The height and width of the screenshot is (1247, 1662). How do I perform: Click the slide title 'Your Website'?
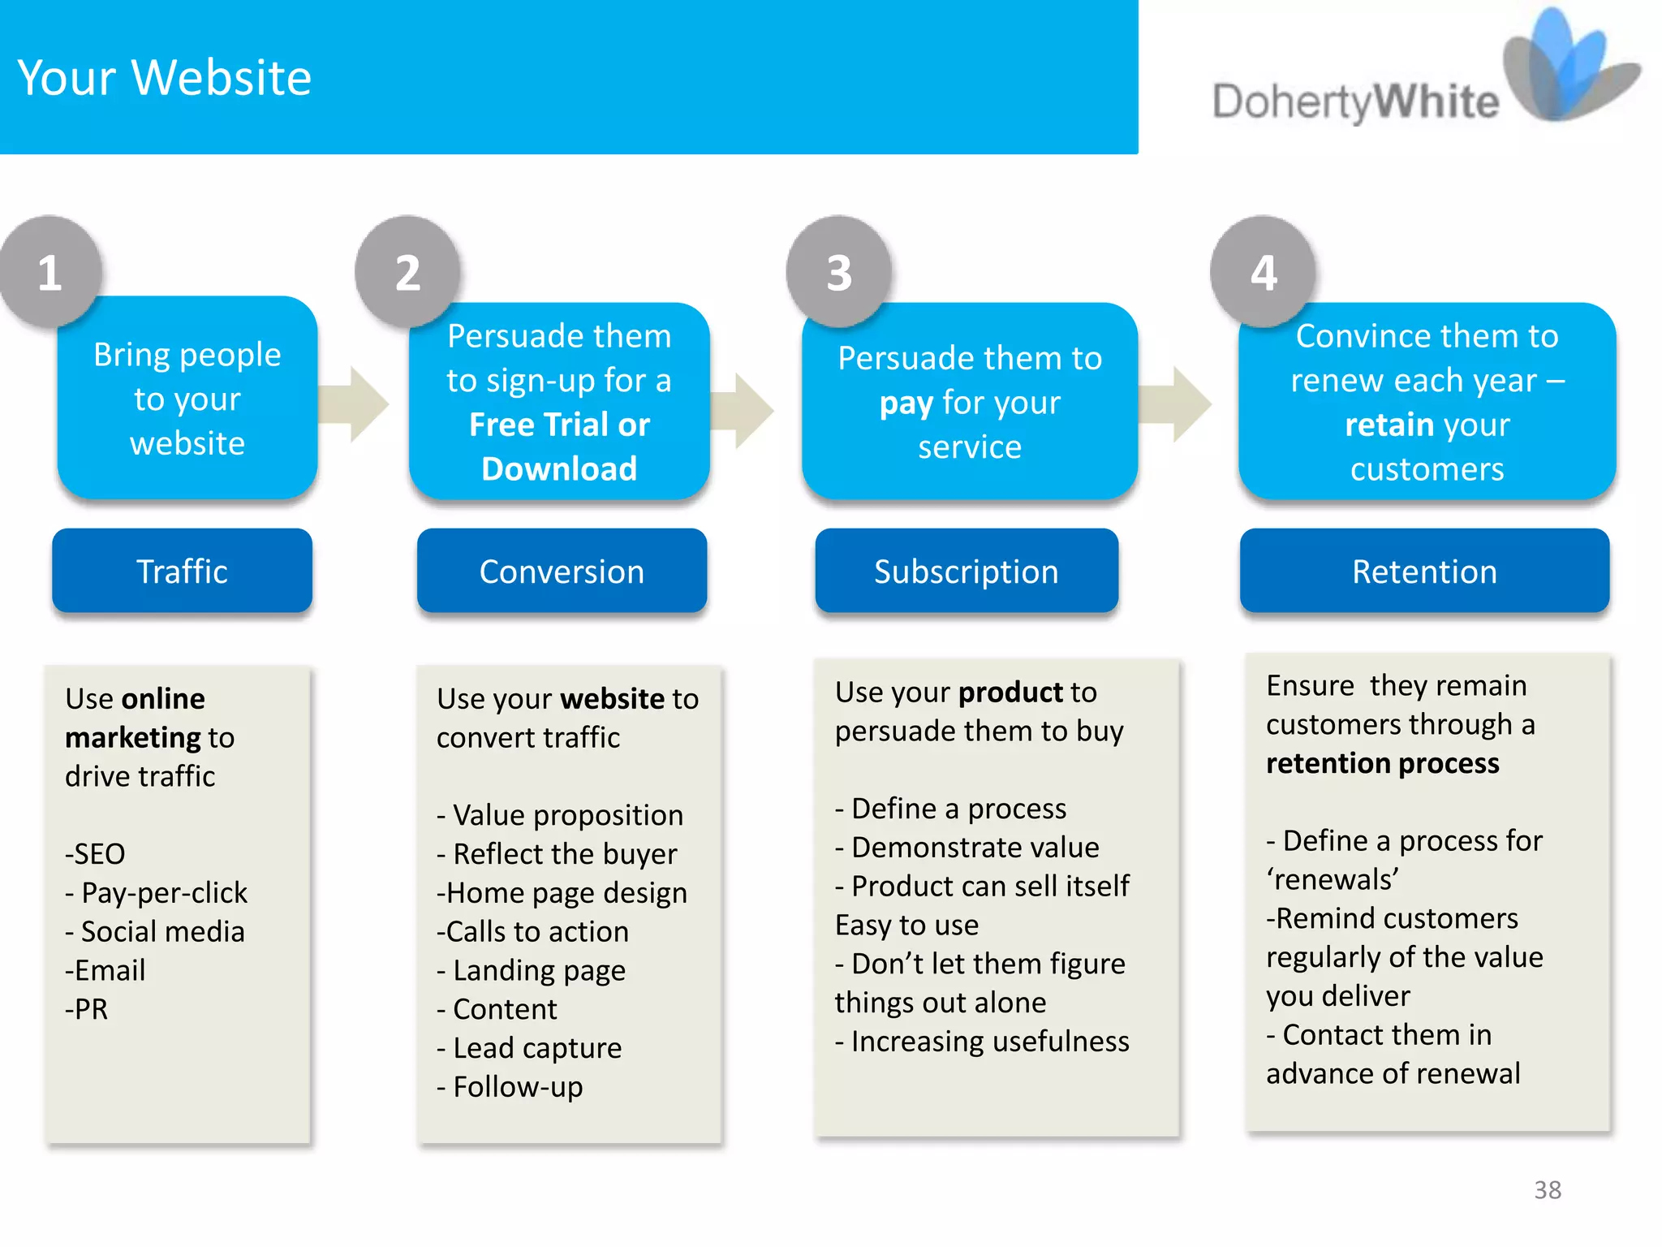pos(164,78)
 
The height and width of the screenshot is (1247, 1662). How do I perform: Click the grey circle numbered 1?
pos(50,272)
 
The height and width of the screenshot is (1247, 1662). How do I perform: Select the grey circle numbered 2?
pos(407,272)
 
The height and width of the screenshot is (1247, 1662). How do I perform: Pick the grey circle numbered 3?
pos(838,272)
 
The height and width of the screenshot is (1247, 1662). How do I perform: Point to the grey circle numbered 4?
pos(1263,272)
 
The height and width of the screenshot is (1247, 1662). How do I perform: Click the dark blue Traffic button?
pos(182,572)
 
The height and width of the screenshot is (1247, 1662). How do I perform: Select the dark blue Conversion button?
pos(562,572)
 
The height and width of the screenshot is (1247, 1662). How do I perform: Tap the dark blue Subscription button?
pos(966,572)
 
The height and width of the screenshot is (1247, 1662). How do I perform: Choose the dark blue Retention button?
pos(1424,572)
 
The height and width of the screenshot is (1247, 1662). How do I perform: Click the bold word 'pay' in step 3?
pos(906,403)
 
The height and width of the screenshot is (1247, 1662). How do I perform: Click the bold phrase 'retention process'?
pos(1382,763)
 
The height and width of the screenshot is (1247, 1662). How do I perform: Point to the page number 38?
pos(1548,1190)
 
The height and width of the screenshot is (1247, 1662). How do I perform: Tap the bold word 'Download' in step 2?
pos(559,469)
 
